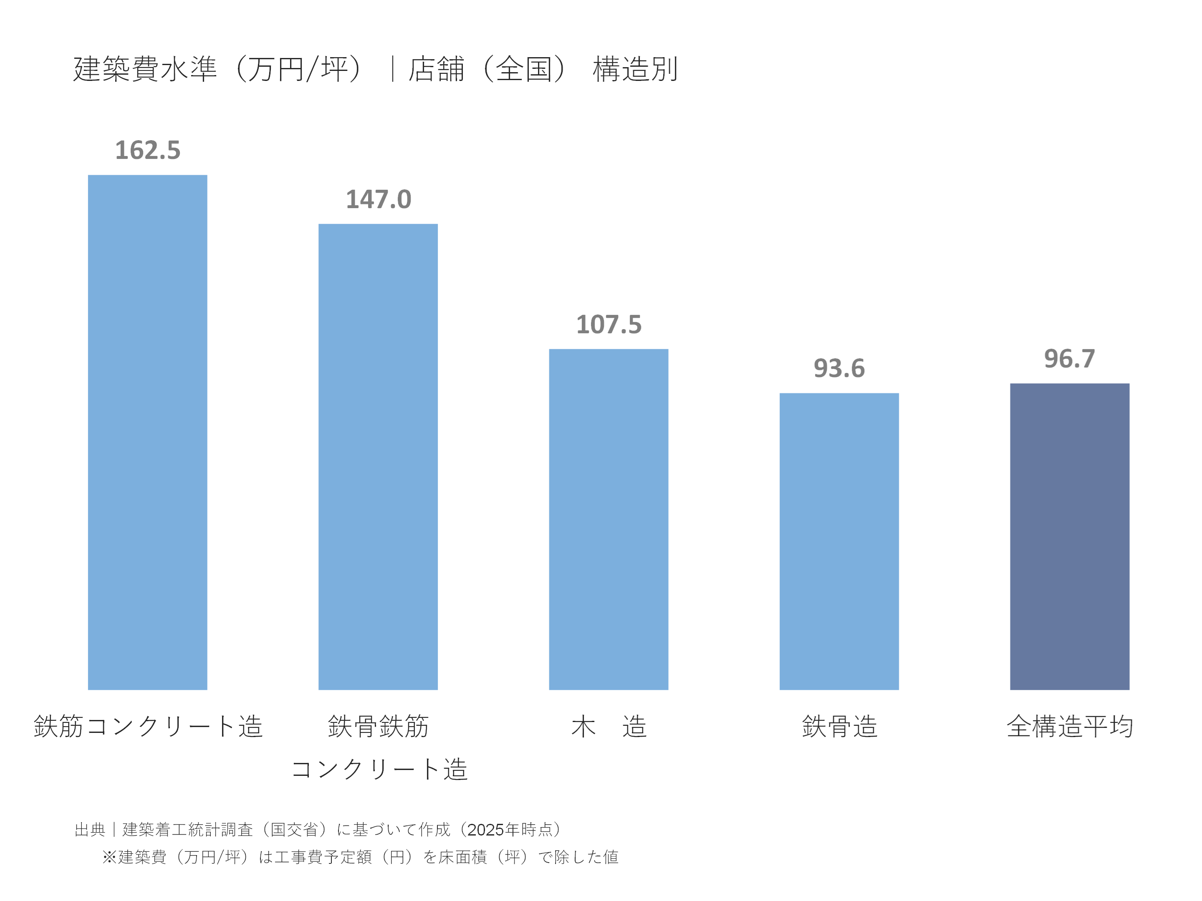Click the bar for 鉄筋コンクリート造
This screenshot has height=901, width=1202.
coord(147,432)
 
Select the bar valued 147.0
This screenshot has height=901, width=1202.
coord(378,456)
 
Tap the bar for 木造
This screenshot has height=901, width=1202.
coord(608,518)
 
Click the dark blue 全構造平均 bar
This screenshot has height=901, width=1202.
coord(1069,536)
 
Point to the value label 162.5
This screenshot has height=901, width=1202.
coord(147,151)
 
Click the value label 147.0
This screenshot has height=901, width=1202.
coord(378,199)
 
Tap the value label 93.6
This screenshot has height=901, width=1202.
coord(838,368)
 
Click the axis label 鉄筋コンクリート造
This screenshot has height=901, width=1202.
coord(148,727)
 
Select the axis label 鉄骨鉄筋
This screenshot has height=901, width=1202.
coord(378,727)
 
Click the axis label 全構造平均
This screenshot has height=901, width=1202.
coord(1069,727)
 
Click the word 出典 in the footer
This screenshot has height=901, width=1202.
coord(90,829)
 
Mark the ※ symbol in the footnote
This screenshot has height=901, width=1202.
coord(109,857)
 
